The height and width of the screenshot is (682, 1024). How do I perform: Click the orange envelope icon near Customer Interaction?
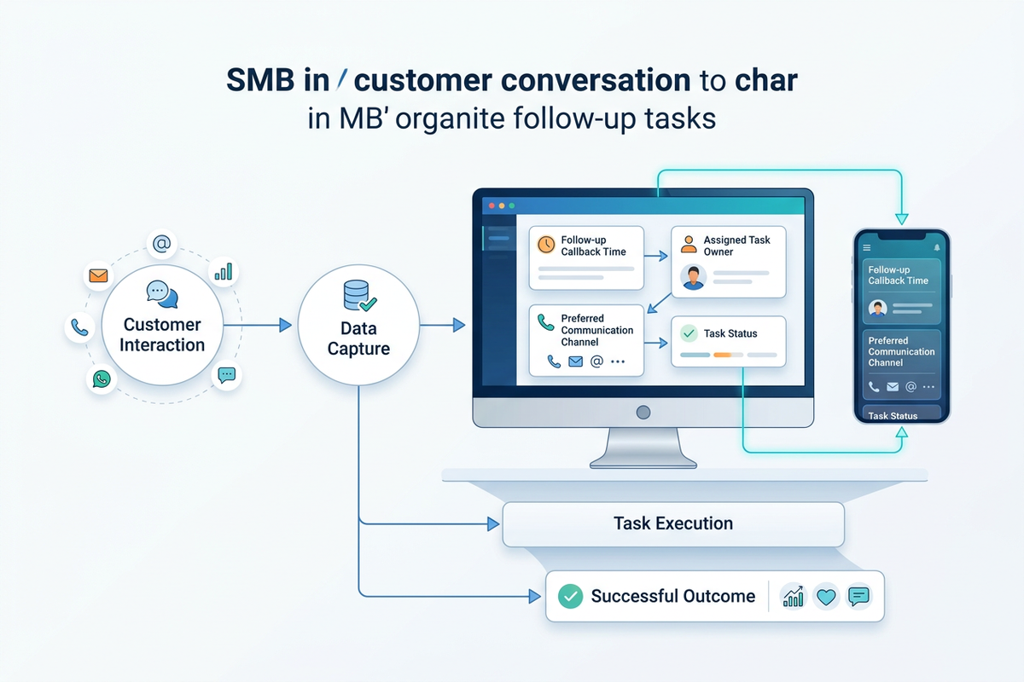click(99, 276)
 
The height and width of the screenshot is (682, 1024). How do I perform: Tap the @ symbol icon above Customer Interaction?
click(161, 245)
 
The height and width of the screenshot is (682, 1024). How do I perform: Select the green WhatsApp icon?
click(102, 379)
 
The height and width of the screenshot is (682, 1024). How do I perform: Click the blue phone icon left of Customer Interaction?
click(80, 327)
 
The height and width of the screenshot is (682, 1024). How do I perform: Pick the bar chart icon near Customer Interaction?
click(224, 271)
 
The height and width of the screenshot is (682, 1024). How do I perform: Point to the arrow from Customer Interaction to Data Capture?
click(260, 325)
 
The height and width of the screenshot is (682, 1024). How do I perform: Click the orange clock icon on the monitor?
click(545, 245)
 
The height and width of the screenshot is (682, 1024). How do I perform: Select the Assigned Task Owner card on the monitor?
click(728, 262)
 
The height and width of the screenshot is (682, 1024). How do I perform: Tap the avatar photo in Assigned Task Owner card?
click(693, 277)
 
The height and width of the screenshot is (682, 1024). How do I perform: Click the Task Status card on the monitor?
click(728, 342)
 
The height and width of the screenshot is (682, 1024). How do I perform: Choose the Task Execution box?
click(672, 523)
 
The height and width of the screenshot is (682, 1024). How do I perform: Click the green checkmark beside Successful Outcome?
click(569, 596)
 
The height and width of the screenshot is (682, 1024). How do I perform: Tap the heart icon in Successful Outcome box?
click(825, 597)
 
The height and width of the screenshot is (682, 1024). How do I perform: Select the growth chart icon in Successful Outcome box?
click(794, 597)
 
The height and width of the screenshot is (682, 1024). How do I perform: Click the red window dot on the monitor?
click(490, 206)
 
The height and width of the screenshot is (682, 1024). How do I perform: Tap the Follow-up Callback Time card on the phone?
click(902, 275)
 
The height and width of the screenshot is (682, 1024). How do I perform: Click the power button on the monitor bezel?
click(642, 412)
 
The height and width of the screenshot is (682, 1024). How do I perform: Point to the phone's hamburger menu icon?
click(867, 247)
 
